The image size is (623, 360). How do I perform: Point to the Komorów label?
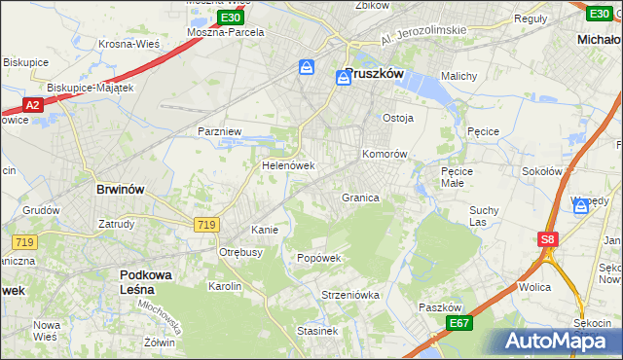click(384, 154)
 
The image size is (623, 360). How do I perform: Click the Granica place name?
click(359, 198)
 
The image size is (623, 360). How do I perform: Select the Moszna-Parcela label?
click(226, 31)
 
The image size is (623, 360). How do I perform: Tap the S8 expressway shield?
click(548, 238)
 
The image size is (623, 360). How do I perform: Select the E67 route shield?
click(459, 322)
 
